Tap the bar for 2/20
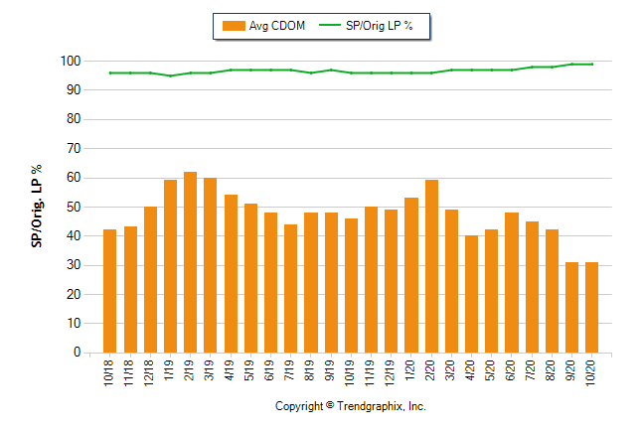point(431,266)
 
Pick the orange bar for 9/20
point(571,307)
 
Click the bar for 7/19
point(290,288)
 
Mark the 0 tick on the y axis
point(76,353)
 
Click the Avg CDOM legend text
point(278,25)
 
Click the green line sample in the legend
point(329,25)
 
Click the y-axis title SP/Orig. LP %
point(37,207)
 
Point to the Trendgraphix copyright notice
point(350,407)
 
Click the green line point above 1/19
point(170,75)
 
